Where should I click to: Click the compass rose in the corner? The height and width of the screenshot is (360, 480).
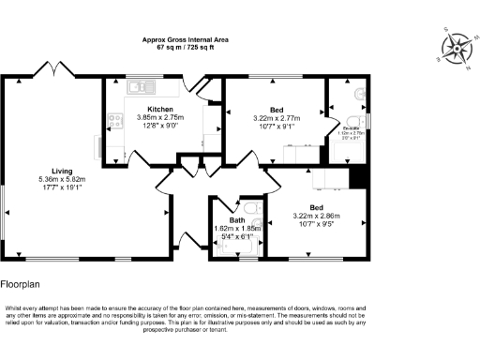pos(457,48)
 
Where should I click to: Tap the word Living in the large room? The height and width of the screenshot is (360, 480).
pos(63,170)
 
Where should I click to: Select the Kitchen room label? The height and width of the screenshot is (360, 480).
pos(159,110)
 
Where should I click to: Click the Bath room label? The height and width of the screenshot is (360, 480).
pos(237,220)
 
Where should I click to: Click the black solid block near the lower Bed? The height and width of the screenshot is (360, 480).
pos(356,175)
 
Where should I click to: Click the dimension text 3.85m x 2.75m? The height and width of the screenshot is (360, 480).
pos(160,118)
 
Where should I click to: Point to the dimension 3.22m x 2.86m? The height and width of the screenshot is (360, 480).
pos(316,217)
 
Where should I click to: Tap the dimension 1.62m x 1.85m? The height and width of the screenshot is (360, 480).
pos(237,229)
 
